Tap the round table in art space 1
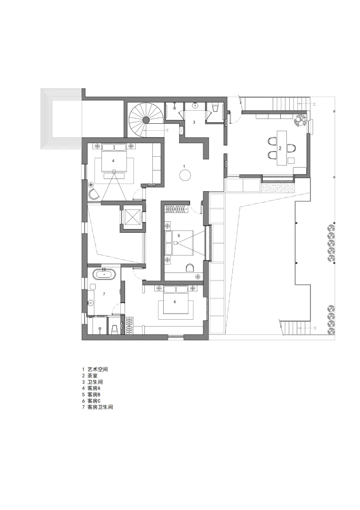[x=185, y=176]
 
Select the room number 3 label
[x=193, y=122]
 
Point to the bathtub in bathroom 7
[x=104, y=274]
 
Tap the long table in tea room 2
[x=282, y=147]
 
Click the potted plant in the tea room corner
[x=300, y=121]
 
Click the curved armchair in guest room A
[x=93, y=193]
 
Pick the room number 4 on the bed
[x=113, y=161]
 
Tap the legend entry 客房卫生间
[x=100, y=407]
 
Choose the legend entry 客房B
[x=94, y=394]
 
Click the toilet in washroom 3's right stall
[x=216, y=109]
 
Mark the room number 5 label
[x=179, y=235]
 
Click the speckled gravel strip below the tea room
[x=278, y=188]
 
